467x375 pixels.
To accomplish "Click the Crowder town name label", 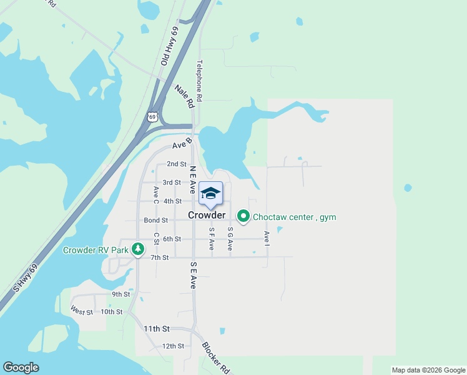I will coord(206,215).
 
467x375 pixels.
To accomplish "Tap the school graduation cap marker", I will coord(210,192).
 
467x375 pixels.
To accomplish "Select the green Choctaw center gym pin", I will coord(243,217).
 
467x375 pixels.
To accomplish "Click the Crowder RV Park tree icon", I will coord(138,250).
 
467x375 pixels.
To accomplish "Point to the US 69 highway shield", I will coord(153,116).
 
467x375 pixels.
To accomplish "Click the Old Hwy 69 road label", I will coord(165,46).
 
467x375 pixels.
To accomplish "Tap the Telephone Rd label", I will coord(200,81).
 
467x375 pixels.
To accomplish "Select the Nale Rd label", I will coord(185,96).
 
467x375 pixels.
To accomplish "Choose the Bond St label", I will coord(156,220).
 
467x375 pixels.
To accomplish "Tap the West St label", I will coord(82,311).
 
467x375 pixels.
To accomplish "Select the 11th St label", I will coord(157,328).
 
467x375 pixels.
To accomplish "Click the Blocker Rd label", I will coord(216,357).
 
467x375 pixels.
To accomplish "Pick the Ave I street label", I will coord(267,238).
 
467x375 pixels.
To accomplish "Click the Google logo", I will coord(21,367).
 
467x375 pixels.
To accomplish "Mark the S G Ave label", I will coord(230,239).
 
